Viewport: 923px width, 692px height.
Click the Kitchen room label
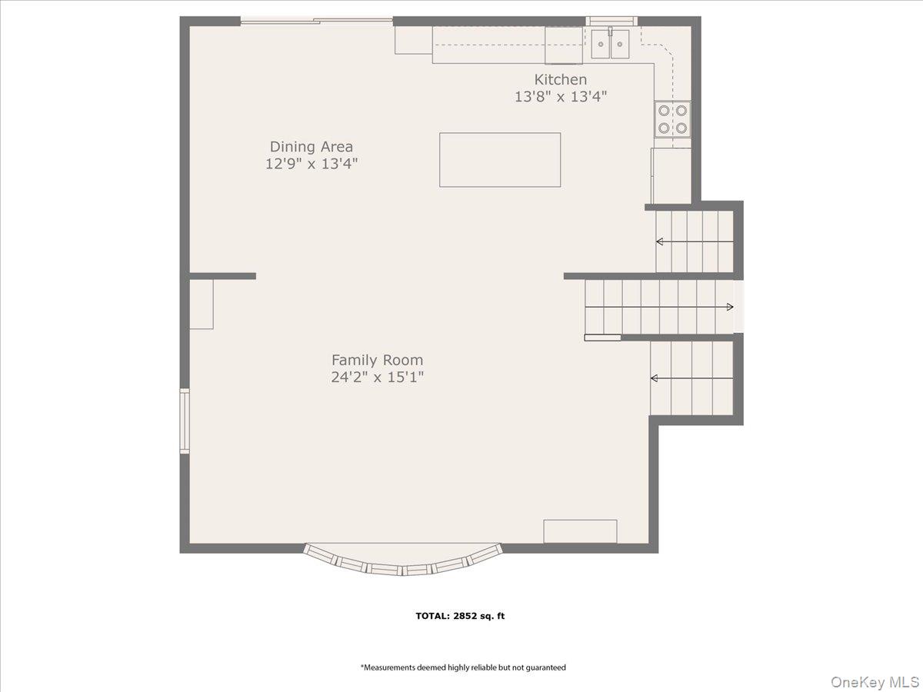561,79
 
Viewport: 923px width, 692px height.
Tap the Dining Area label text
312,147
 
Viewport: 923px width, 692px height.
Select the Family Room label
377,360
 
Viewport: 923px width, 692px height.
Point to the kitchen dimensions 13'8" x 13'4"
561,97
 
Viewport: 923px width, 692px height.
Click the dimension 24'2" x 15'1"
377,378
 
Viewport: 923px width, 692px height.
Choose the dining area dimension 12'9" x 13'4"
312,164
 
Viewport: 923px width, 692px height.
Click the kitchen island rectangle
500,160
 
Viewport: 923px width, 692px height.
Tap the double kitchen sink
610,44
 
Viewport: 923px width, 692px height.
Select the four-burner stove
672,119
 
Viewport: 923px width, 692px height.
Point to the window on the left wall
185,421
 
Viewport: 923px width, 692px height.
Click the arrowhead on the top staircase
660,241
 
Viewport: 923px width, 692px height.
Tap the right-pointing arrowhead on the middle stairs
730,307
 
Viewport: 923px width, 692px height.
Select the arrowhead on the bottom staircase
655,378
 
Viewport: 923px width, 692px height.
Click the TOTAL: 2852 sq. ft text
460,616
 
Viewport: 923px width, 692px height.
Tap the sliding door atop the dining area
317,21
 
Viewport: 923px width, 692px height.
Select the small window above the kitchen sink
611,21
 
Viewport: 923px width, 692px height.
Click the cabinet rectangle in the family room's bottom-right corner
580,531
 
